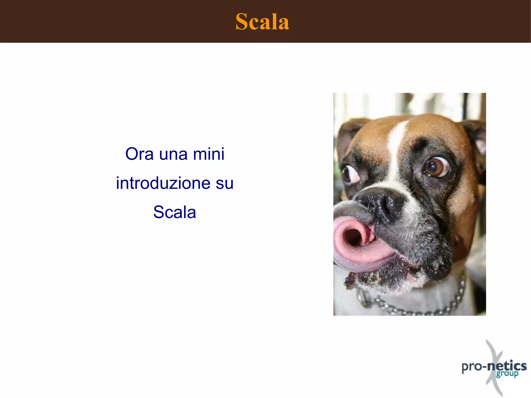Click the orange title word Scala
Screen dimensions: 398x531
pos(262,22)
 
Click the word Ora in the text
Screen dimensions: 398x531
pos(139,154)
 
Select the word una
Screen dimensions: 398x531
pos(173,155)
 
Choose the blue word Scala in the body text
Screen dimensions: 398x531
pos(174,212)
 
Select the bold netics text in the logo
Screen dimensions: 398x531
pos(507,366)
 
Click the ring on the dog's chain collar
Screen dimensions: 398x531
pos(363,298)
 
